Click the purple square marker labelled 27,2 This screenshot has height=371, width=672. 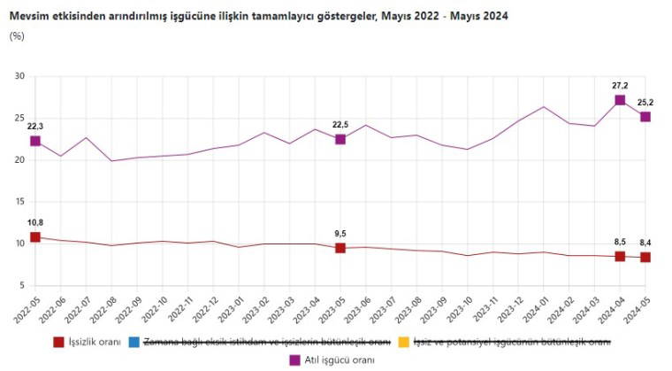[x=620, y=100]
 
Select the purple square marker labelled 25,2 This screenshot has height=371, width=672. [x=645, y=117]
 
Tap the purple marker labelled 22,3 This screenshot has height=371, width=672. [x=35, y=141]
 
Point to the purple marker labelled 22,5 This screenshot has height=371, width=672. [x=340, y=139]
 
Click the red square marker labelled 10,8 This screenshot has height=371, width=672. [x=35, y=237]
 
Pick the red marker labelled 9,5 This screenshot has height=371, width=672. [x=340, y=248]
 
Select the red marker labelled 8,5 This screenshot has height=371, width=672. [x=620, y=256]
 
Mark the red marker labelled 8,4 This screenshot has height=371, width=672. [x=645, y=258]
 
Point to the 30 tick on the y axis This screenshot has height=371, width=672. [x=19, y=76]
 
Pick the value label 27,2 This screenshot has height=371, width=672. [x=620, y=85]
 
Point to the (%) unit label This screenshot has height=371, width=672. [x=16, y=35]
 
